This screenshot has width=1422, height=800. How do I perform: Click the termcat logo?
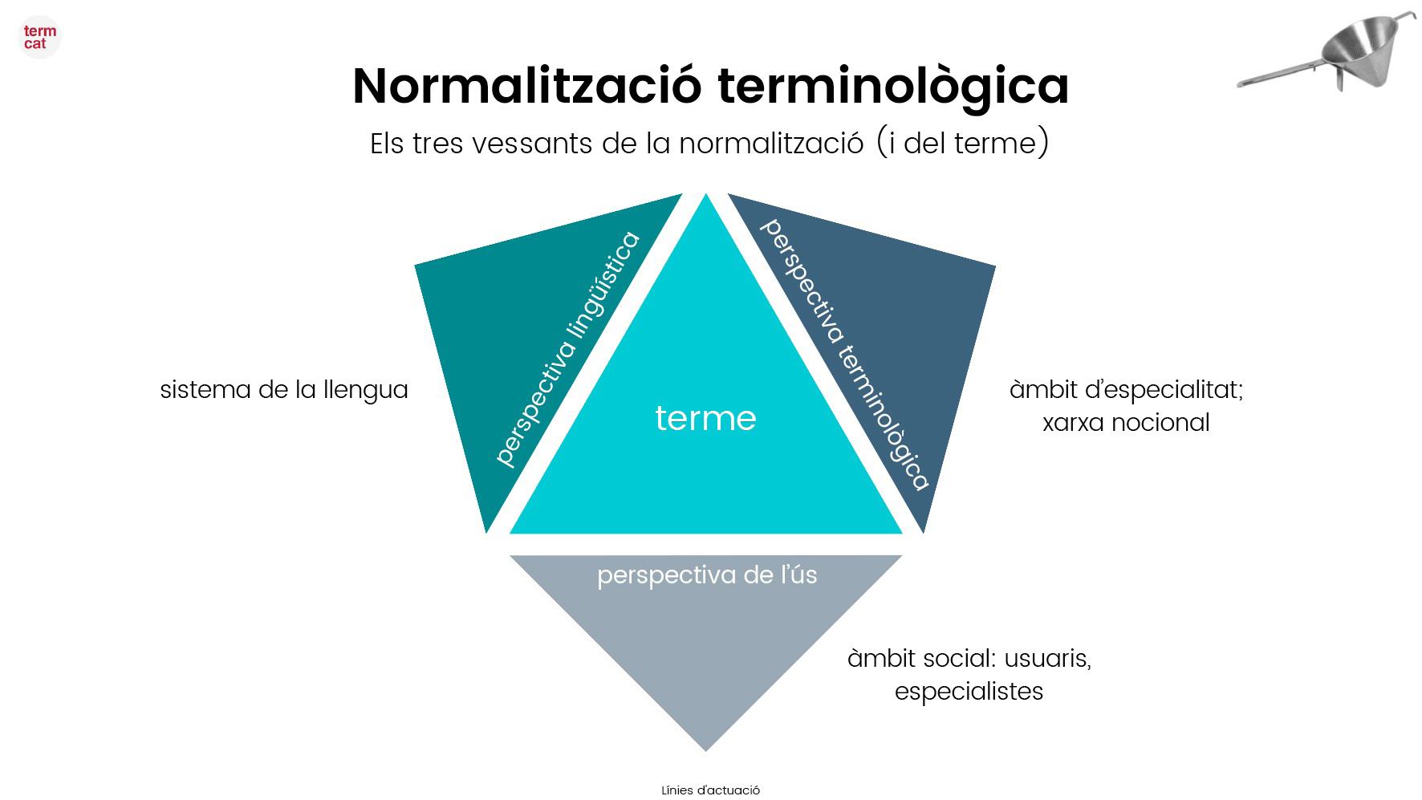click(x=39, y=37)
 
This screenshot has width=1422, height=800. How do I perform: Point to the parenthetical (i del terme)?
click(x=962, y=144)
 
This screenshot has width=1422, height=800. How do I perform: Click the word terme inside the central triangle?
click(x=705, y=418)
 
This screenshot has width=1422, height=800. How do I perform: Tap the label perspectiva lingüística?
click(x=567, y=350)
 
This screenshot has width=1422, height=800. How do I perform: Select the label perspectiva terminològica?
click(x=843, y=354)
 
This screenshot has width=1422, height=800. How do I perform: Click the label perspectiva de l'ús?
click(x=707, y=575)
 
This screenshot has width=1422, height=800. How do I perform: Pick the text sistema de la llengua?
click(x=284, y=390)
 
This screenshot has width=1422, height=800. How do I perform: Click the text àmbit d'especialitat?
click(x=1126, y=390)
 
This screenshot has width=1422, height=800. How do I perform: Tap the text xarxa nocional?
click(x=1126, y=423)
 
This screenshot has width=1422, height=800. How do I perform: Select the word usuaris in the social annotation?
click(x=1047, y=659)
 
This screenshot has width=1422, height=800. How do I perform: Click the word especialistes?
click(x=969, y=692)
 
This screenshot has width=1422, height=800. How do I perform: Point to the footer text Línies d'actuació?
click(x=710, y=790)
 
